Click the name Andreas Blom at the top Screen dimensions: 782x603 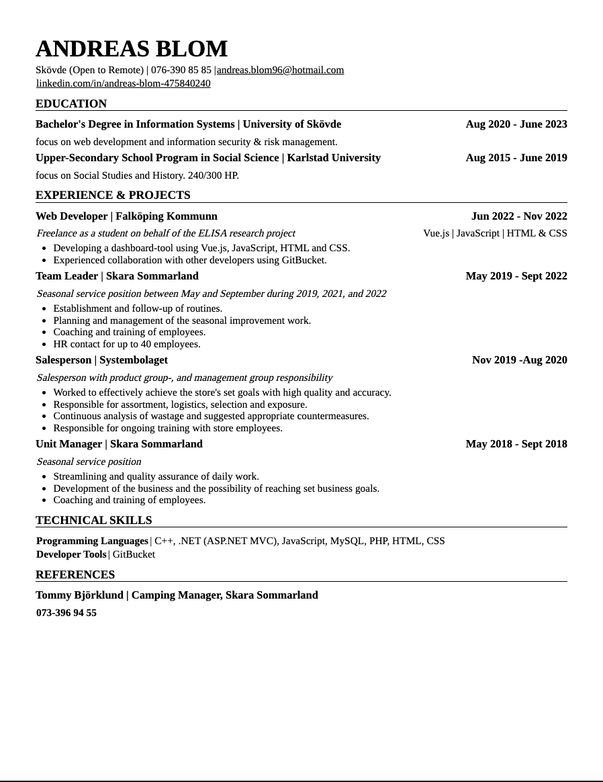point(132,49)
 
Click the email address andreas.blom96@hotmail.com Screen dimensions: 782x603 point(280,70)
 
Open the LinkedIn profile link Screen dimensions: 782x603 point(123,83)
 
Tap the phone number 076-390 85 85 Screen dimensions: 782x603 point(181,70)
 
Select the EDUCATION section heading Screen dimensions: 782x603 point(71,103)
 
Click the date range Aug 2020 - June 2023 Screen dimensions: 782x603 point(516,124)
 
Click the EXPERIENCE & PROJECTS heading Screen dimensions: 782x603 point(113,195)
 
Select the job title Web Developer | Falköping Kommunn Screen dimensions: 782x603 point(126,216)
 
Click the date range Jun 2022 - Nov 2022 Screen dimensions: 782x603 point(518,216)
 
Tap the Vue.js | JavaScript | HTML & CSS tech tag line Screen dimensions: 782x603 point(494,233)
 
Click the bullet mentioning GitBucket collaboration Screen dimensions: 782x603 point(189,260)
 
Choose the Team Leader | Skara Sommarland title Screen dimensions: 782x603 point(117,276)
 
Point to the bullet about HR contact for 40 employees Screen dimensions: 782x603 point(126,344)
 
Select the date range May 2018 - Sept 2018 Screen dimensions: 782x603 point(516,444)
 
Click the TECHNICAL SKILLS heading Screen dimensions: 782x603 point(93,520)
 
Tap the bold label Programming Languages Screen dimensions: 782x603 point(92,541)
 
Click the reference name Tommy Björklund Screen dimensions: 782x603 point(79,595)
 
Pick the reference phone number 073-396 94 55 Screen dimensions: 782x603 point(66,613)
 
